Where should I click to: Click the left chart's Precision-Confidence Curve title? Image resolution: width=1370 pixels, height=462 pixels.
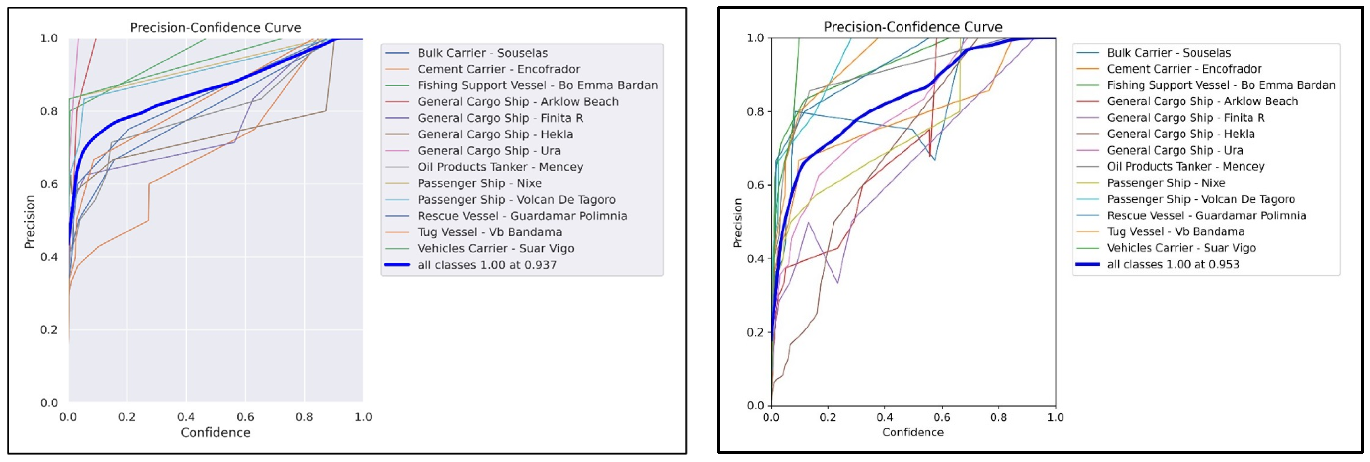(x=216, y=28)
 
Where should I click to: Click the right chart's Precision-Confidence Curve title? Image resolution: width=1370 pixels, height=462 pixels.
(x=913, y=27)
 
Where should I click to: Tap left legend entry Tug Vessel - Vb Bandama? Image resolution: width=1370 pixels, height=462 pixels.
(x=489, y=232)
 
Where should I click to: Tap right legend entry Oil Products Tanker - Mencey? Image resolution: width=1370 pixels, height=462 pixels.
(x=1185, y=167)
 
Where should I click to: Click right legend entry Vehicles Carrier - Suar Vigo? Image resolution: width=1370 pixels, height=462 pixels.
(x=1181, y=248)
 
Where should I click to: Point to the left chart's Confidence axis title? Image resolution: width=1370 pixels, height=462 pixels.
(x=216, y=432)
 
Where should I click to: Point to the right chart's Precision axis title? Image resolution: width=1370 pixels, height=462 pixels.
(x=738, y=223)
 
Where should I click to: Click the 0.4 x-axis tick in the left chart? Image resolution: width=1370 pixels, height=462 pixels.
(x=186, y=417)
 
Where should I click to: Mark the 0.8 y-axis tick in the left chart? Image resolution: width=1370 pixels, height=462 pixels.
(x=49, y=111)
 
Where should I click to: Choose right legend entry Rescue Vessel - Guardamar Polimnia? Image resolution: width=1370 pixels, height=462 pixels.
(x=1206, y=216)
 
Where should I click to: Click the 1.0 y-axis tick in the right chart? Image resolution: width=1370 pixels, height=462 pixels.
(x=755, y=38)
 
